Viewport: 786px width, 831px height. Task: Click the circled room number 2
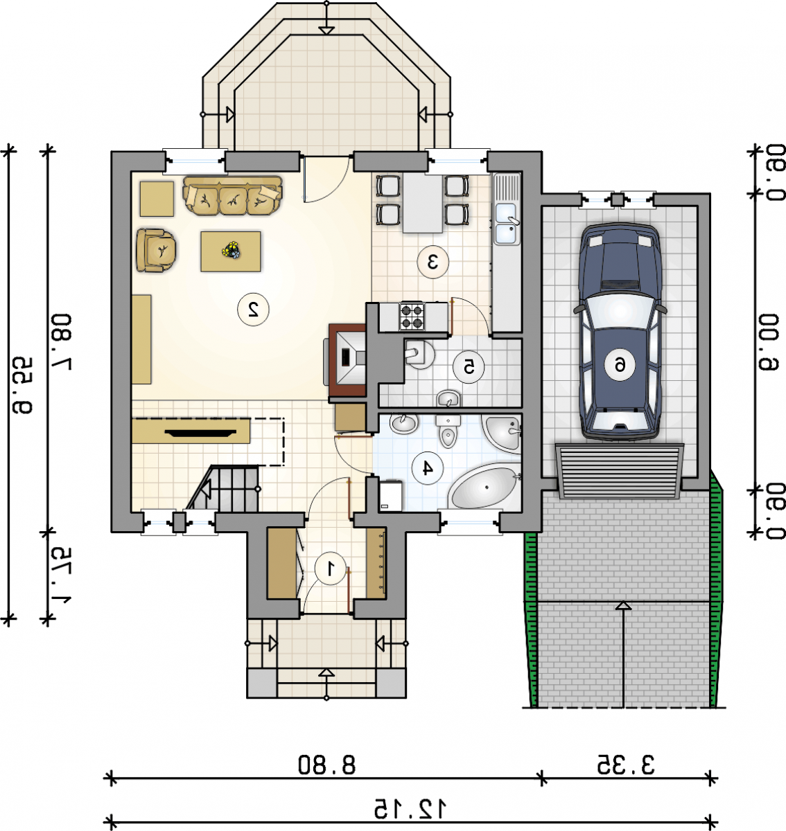[253, 310]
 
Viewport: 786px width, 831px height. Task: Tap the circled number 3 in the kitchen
[433, 262]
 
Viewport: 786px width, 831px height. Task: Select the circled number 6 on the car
[619, 365]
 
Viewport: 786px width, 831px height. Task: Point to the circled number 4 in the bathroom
[428, 468]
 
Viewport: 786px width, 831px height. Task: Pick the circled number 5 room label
[469, 367]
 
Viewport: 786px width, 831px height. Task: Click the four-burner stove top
[412, 316]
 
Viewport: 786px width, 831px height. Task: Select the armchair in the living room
[156, 250]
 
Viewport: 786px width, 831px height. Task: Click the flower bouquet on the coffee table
[231, 250]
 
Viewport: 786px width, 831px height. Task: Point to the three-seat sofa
[232, 195]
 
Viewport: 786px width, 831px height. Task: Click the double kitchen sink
[507, 224]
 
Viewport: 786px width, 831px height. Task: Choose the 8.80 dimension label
[326, 765]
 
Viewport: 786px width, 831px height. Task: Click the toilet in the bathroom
[448, 431]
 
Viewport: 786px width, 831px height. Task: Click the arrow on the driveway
[625, 655]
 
